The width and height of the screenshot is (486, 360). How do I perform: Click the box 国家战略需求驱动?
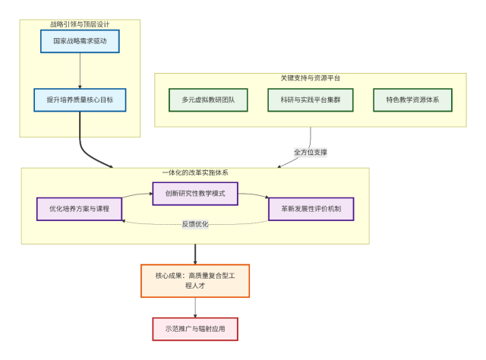80,41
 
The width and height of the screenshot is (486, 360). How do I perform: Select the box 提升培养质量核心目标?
80,99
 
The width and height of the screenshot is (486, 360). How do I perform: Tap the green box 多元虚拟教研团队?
208,99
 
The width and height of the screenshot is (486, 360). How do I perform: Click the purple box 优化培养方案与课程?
80,208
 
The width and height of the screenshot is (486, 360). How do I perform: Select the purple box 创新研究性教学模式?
195,194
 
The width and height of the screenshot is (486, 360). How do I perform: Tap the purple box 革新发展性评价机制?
311,208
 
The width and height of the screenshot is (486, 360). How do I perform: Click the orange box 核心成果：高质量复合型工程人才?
195,280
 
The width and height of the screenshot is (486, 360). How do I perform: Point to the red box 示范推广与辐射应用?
195,329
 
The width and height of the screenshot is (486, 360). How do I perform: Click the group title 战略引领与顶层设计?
80,24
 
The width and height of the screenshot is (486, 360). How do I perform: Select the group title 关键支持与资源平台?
311,77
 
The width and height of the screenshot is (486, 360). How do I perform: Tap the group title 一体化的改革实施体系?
195,172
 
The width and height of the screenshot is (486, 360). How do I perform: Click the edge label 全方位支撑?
311,152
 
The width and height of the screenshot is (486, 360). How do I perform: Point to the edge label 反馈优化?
195,224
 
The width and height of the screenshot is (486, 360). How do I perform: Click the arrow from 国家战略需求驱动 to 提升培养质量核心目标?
80,71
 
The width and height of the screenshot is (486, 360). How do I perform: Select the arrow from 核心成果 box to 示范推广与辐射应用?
195,308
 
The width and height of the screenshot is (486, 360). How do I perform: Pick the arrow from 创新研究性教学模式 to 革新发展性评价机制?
254,197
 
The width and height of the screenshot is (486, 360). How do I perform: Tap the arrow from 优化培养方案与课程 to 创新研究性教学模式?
137,196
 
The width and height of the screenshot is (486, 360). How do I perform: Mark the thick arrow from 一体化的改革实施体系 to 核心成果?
195,254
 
